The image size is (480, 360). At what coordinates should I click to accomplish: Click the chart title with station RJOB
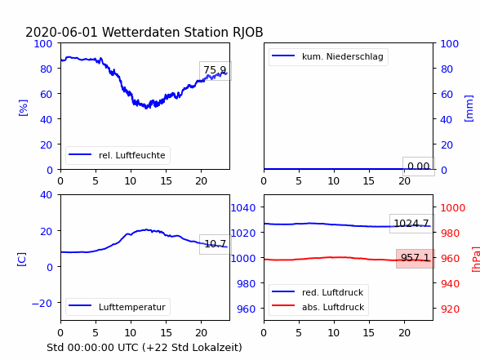(144, 32)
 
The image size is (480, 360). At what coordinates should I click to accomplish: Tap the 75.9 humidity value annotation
(216, 71)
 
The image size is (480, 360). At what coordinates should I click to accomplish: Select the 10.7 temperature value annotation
(216, 244)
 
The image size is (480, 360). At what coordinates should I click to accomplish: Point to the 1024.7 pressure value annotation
(411, 224)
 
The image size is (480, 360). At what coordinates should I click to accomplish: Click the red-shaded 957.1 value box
(415, 258)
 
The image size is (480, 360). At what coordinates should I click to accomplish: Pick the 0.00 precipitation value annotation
(419, 167)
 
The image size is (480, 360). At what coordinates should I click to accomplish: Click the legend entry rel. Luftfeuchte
(118, 155)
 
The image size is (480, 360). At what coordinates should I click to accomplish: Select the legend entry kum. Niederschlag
(328, 56)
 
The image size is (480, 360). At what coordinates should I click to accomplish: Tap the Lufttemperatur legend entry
(118, 307)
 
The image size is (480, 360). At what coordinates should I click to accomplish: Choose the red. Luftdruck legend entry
(318, 292)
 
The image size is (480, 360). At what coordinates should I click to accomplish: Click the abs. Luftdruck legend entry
(318, 307)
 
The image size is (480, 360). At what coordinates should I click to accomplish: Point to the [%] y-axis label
(23, 108)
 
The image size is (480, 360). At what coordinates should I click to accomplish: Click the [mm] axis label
(469, 109)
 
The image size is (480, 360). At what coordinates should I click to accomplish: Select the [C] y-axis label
(21, 260)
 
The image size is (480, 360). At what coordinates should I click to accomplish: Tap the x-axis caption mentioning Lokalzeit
(144, 348)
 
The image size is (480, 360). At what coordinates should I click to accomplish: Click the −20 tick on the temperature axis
(42, 304)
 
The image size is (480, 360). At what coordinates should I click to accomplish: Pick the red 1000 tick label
(453, 208)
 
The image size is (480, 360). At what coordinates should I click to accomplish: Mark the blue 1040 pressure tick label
(243, 208)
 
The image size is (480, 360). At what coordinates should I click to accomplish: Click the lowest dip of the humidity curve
(146, 108)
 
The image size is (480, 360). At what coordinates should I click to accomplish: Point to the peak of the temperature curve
(146, 229)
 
